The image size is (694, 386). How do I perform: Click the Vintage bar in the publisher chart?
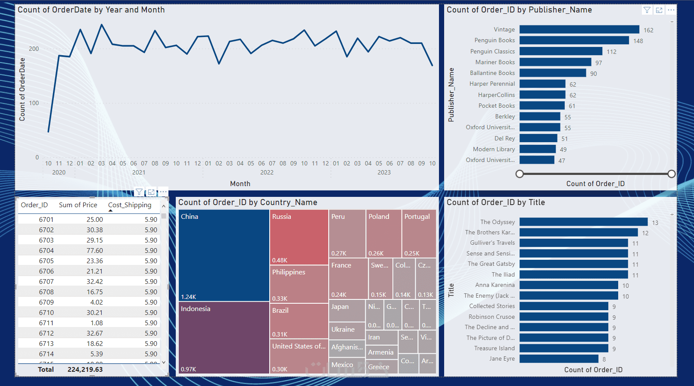click(x=579, y=29)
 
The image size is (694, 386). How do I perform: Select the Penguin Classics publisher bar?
click(x=560, y=51)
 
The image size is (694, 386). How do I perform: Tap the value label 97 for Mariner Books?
click(x=599, y=63)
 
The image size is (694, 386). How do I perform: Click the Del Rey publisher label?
click(x=504, y=138)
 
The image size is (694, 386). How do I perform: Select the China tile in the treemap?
click(x=224, y=255)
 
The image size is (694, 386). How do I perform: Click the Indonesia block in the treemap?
click(x=224, y=337)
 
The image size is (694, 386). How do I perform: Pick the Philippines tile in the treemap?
click(x=299, y=284)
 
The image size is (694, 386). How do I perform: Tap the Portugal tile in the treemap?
click(x=419, y=233)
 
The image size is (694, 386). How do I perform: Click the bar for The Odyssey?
click(x=583, y=222)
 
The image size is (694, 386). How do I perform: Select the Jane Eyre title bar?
click(x=559, y=359)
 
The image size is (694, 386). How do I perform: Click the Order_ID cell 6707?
click(x=46, y=282)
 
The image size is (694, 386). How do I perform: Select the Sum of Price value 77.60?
click(x=94, y=251)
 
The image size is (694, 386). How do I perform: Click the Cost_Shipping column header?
click(x=130, y=205)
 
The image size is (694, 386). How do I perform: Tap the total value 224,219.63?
click(x=85, y=370)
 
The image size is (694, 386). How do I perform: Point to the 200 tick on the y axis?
click(x=34, y=49)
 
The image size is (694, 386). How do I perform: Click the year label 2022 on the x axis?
click(x=267, y=172)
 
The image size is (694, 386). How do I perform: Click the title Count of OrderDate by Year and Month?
click(x=91, y=10)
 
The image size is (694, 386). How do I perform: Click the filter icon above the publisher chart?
click(x=647, y=10)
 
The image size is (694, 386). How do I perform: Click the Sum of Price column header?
click(x=78, y=205)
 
